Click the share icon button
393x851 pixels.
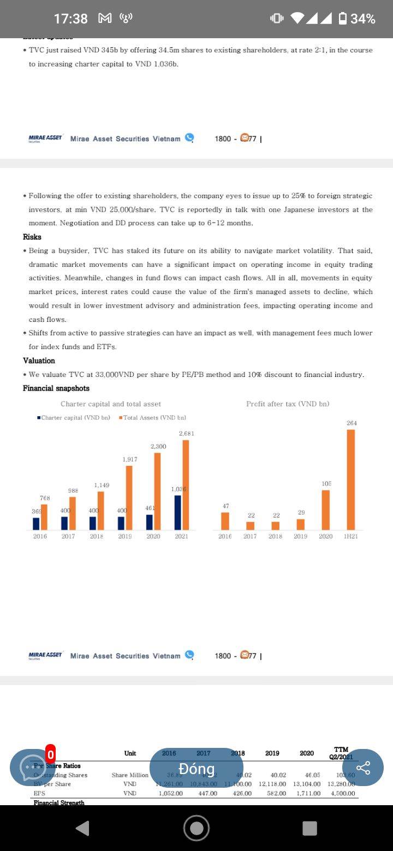[362, 768]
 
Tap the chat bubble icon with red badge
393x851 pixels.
[32, 768]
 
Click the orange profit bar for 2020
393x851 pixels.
[325, 510]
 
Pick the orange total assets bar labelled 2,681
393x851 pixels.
[186, 484]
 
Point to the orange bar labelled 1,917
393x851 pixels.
[129, 497]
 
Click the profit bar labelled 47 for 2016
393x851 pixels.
[225, 521]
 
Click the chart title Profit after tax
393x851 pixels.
[288, 404]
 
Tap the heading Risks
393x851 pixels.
[32, 237]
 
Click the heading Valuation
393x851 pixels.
[39, 361]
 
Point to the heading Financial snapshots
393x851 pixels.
[56, 388]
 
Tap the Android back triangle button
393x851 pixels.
[82, 828]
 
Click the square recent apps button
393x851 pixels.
[309, 828]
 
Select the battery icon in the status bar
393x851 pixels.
[343, 19]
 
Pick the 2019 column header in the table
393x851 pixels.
[272, 753]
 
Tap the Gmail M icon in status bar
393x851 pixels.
[105, 19]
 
